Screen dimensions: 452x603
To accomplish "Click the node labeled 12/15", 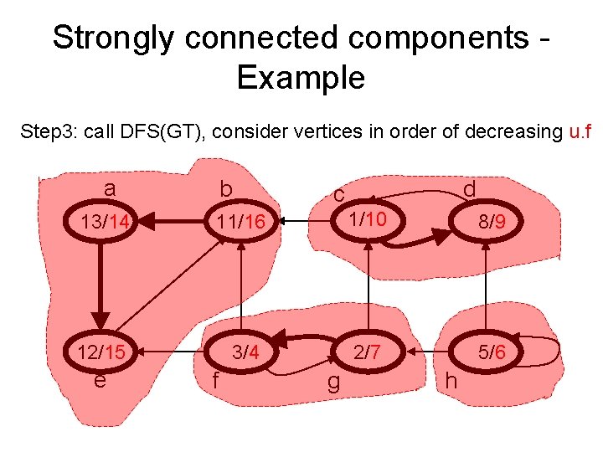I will tap(101, 352).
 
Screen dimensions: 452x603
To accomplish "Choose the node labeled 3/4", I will tap(245, 352).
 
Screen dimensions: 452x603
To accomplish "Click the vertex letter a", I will tap(110, 188).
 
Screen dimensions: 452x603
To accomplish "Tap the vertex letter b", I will tap(225, 191).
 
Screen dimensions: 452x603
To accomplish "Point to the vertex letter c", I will tap(339, 194).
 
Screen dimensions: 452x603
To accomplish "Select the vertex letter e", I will tap(100, 381).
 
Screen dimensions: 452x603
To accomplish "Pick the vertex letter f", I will tap(216, 381).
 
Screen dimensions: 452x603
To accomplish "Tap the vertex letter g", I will tap(332, 383).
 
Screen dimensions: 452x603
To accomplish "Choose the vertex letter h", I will tap(451, 381).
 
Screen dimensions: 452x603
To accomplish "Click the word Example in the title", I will tap(301, 78).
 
